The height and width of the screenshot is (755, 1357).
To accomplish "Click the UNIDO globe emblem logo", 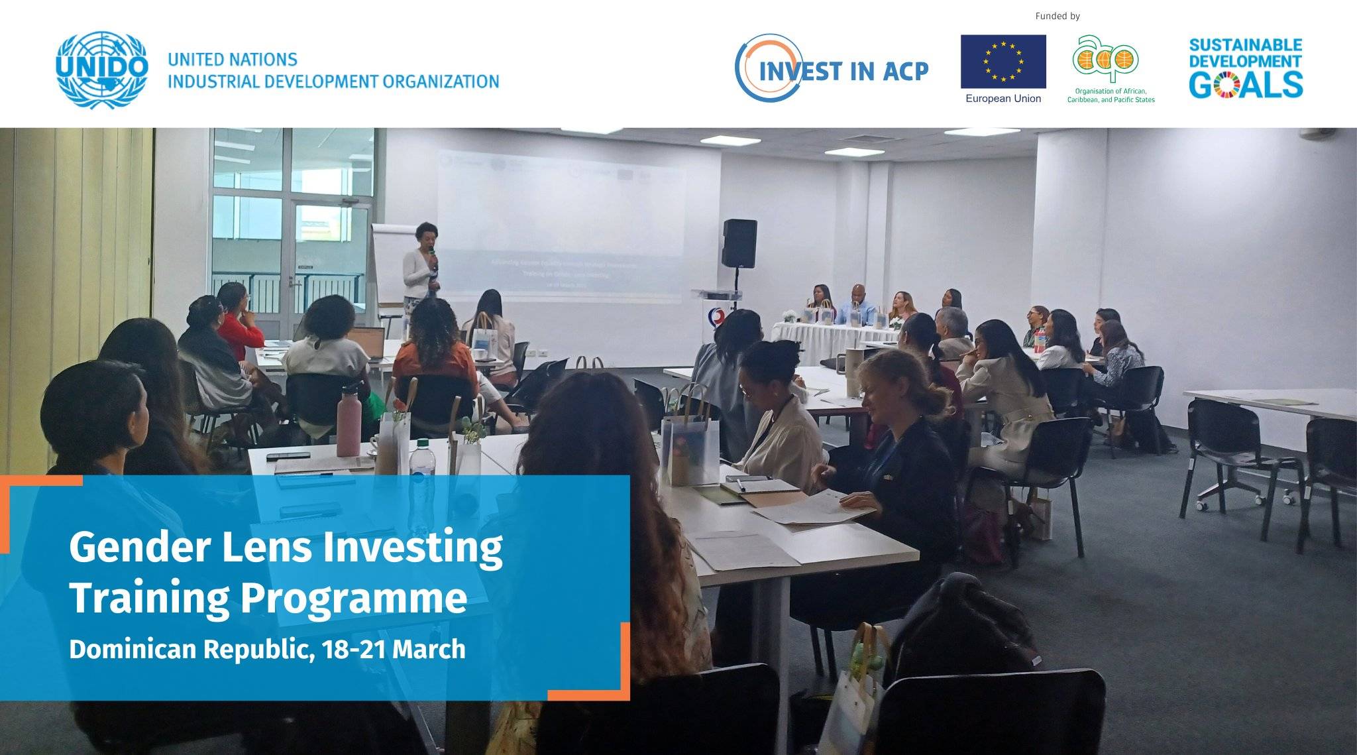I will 101,69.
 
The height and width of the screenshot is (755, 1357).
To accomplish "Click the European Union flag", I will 1003,62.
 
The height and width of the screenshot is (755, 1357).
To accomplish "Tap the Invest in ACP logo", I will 832,69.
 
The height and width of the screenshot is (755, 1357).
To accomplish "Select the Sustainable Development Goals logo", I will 1246,68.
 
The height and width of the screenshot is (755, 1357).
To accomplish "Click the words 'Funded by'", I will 1058,16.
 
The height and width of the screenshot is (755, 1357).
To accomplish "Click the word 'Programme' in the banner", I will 353,598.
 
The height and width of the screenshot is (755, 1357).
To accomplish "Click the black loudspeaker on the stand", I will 739,243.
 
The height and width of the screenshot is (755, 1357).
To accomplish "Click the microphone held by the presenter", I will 431,253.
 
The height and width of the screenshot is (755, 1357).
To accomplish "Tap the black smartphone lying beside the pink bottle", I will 288,456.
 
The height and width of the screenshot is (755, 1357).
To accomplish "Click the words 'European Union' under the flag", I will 1003,99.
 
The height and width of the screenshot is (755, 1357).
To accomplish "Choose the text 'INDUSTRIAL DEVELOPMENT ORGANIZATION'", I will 333,82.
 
